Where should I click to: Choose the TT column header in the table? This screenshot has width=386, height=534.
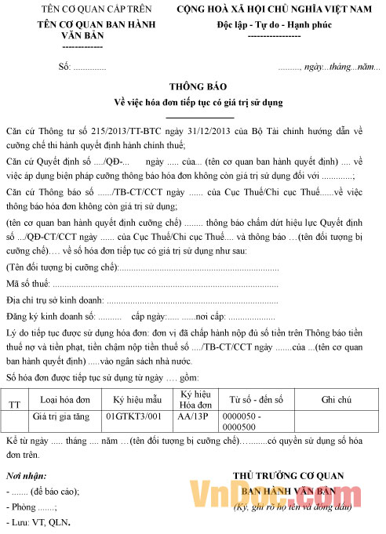point(15,404)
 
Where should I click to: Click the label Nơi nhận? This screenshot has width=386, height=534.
point(24,476)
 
